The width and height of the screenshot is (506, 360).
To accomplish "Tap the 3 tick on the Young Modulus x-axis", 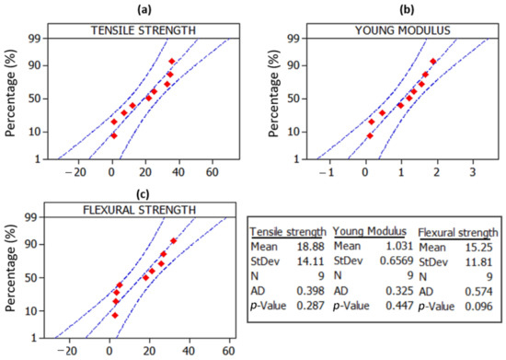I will coord(472,171).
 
